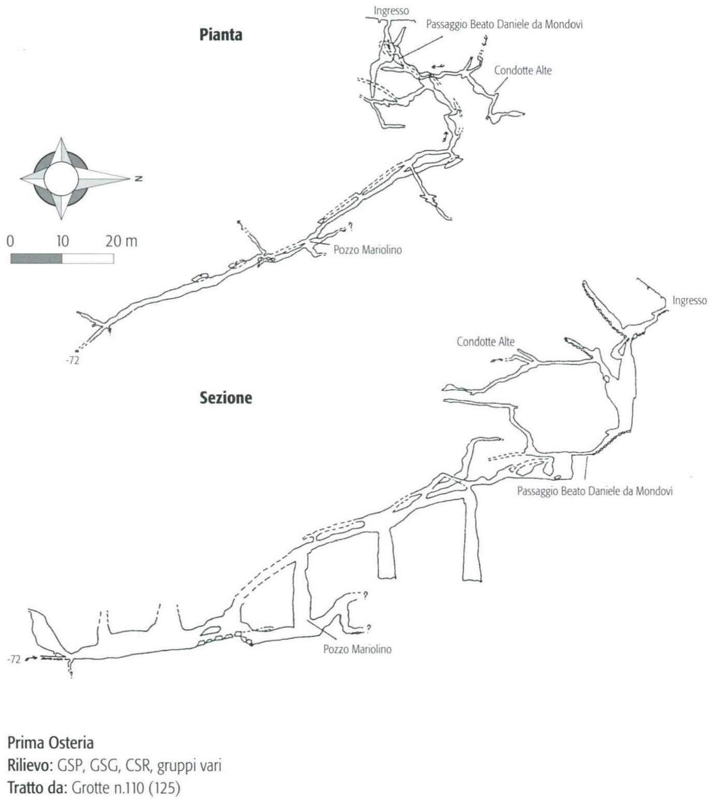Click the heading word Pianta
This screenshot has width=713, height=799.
tap(221, 35)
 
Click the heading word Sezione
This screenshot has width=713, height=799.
tap(226, 398)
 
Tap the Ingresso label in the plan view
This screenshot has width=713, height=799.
tap(391, 11)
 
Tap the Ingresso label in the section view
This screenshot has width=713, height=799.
tap(689, 300)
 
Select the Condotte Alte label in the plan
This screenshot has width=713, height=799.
tap(523, 70)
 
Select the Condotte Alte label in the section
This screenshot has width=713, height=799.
tap(486, 342)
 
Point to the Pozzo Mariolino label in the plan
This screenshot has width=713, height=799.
tap(368, 250)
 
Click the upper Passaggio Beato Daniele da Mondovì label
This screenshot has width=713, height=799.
tap(504, 24)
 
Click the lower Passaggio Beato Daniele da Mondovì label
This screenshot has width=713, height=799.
tap(595, 491)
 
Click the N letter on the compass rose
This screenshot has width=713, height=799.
tap(138, 179)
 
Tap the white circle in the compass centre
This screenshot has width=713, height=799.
tap(61, 179)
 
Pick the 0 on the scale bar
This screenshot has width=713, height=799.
tap(11, 241)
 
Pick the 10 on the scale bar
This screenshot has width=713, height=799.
tap(62, 241)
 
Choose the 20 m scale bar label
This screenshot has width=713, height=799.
tap(122, 241)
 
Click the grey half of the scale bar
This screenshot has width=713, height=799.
tap(36, 259)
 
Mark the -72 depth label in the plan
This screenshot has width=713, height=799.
tap(73, 360)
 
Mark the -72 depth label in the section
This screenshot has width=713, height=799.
tap(14, 659)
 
